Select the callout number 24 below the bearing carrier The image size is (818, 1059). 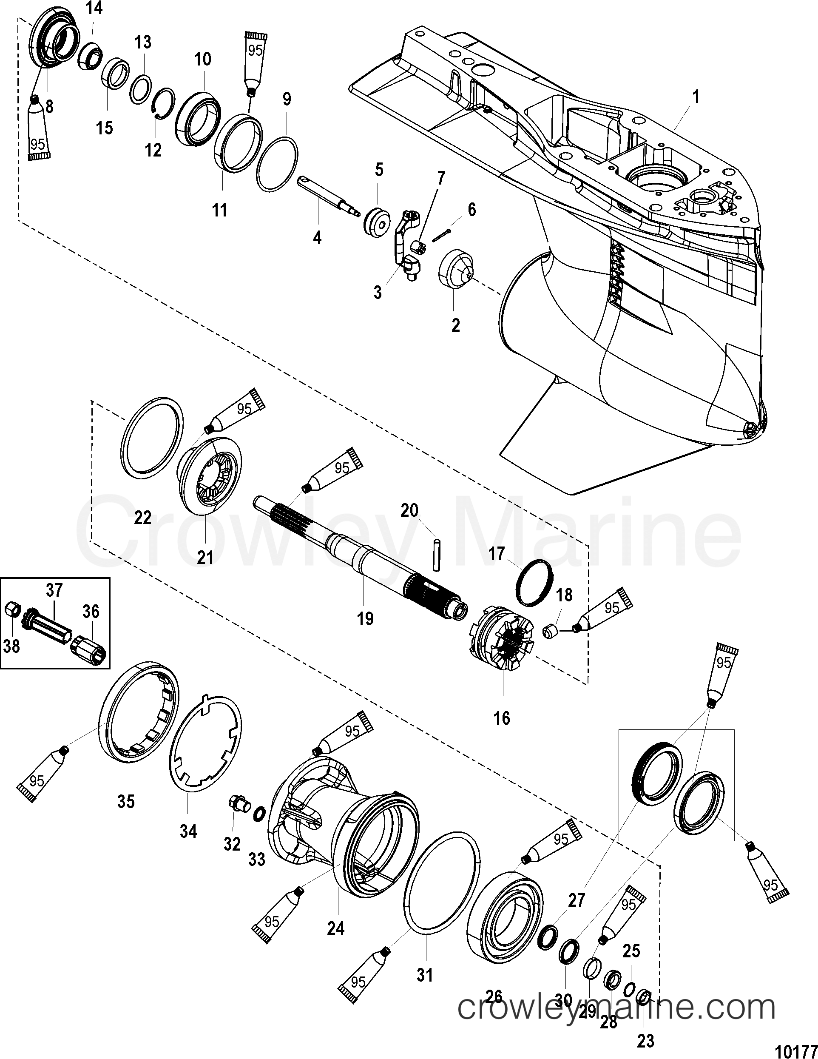pos(335,928)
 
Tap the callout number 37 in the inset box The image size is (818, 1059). pos(54,591)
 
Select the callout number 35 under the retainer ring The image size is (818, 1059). pos(126,802)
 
